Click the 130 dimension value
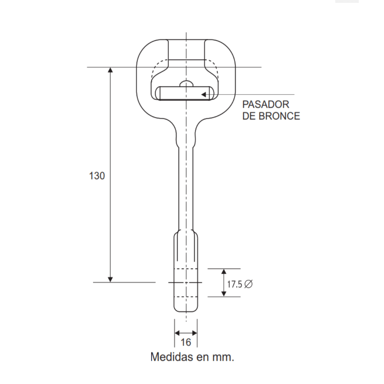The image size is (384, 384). click(97, 176)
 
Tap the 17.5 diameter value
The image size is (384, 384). click(234, 284)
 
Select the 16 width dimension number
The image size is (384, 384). click(186, 342)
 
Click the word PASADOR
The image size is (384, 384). click(266, 105)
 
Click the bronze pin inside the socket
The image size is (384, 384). click(185, 93)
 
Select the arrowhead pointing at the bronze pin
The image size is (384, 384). click(203, 95)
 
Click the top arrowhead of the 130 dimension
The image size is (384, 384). click(110, 70)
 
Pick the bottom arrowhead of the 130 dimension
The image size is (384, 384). click(110, 279)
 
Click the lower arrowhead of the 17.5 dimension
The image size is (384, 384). click(224, 294)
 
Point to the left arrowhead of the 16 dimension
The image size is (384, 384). click(177, 333)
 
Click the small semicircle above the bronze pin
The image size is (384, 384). click(186, 84)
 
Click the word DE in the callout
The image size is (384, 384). click(249, 116)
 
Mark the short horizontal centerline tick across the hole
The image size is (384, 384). click(185, 283)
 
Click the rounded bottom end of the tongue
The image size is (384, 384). click(186, 309)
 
